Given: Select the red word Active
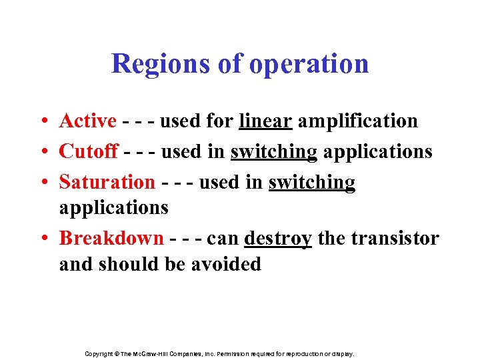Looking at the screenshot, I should (88, 121).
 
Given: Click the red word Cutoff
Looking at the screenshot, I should (89, 151).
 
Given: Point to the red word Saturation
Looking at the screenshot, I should (107, 181).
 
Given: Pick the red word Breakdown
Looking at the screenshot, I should (111, 238).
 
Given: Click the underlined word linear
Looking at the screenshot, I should (265, 121).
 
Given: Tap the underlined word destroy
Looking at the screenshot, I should (278, 238).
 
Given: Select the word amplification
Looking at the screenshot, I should (357, 121).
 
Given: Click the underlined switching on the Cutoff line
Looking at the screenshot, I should (274, 151).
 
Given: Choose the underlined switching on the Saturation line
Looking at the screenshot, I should (312, 181).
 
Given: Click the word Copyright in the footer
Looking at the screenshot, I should (98, 354).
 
